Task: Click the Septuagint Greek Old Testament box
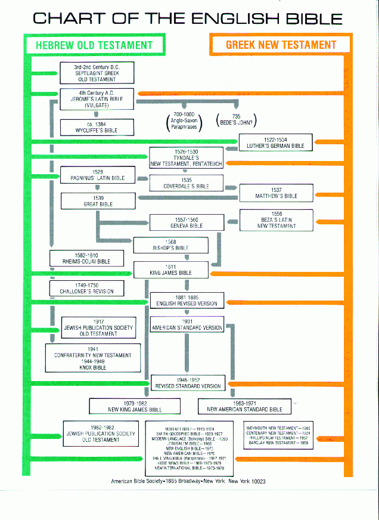(x=97, y=73)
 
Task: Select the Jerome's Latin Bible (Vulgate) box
(x=97, y=99)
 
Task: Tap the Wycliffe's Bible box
(x=97, y=127)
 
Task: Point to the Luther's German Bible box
(x=275, y=143)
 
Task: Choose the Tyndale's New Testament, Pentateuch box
(x=187, y=157)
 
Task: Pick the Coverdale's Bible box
(x=187, y=182)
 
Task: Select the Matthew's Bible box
(x=276, y=193)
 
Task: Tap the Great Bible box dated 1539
(x=98, y=200)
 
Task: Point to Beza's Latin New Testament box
(x=276, y=219)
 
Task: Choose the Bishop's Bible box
(x=170, y=244)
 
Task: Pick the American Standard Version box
(x=187, y=324)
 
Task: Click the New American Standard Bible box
(x=244, y=406)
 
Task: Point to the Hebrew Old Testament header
(x=94, y=45)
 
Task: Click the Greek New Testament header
(x=281, y=45)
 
